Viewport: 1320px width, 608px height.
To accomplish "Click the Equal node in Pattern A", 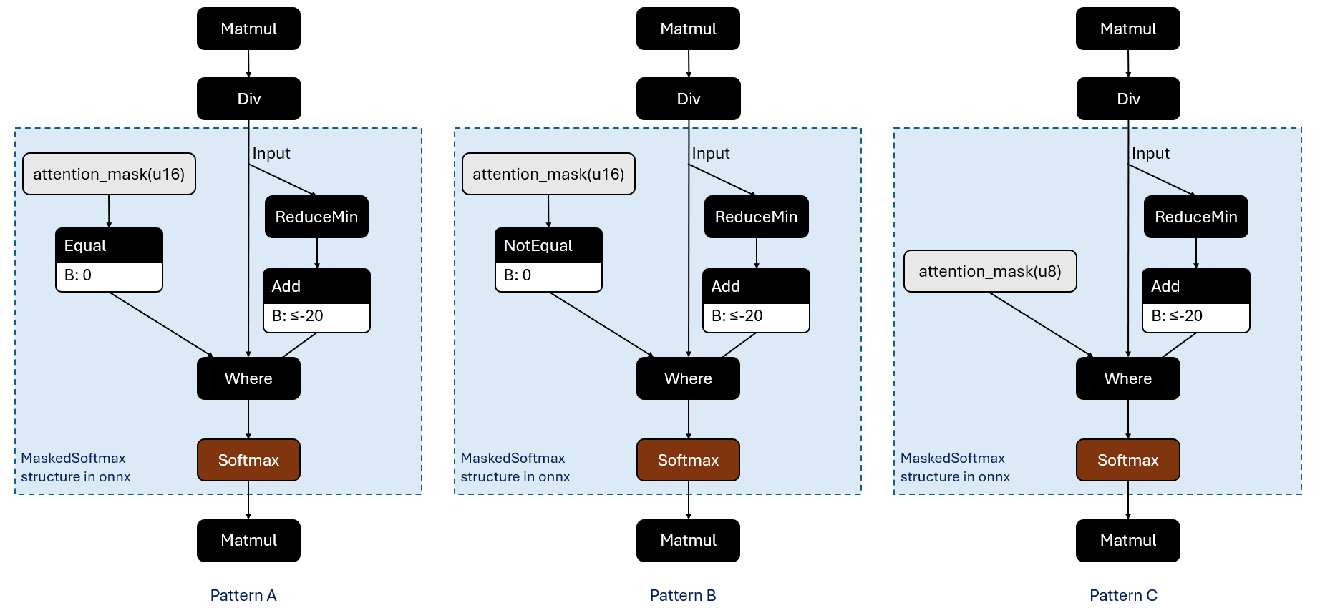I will click(109, 246).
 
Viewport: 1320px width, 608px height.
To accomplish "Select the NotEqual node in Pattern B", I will click(548, 246).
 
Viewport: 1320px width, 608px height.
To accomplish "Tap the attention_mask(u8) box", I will click(990, 271).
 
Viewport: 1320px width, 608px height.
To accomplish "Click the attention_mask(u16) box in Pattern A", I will click(109, 174).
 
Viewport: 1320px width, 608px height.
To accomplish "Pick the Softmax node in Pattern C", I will click(1127, 460).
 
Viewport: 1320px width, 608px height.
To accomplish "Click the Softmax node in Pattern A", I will click(248, 460).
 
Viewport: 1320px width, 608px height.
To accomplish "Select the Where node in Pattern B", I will click(688, 378).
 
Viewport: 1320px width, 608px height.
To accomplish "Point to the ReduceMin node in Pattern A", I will click(316, 217).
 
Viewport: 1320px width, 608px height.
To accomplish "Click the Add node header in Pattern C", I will click(1195, 286).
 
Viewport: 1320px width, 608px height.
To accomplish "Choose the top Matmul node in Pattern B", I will click(688, 29).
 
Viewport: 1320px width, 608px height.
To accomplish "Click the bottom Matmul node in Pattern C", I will click(1127, 541).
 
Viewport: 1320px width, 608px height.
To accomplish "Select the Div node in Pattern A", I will click(248, 99).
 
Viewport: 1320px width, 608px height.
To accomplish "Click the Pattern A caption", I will click(243, 595).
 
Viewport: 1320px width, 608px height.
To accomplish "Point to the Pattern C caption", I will click(1123, 595).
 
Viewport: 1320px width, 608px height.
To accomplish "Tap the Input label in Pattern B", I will click(711, 153).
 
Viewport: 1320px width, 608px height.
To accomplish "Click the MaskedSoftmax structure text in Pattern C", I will click(954, 467).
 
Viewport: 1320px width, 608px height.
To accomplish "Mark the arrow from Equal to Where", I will click(161, 324).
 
